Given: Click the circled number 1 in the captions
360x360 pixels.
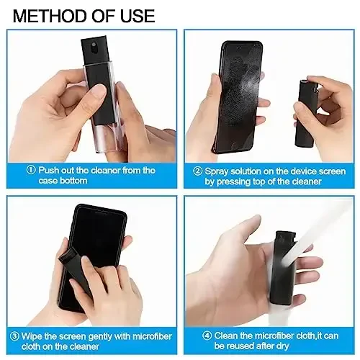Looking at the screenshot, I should coord(31,171).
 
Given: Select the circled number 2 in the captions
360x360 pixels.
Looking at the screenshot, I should coord(196,171).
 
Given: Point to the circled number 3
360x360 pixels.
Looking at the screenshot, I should coord(14,334).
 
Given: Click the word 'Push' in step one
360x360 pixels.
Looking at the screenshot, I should coord(49,171).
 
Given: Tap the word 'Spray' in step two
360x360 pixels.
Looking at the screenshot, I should coord(217,171).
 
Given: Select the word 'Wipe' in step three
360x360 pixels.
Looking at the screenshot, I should coord(34,334).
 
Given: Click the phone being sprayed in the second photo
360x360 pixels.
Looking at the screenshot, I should coord(241,94).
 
